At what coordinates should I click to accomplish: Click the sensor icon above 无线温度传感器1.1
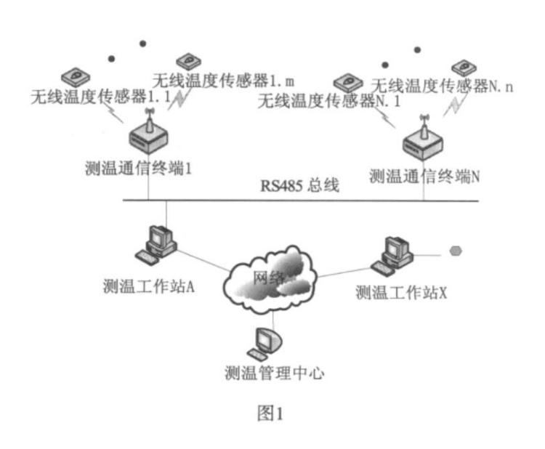click(x=75, y=74)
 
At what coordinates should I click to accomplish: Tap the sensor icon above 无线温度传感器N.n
click(x=463, y=68)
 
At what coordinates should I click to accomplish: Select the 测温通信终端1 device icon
click(x=149, y=135)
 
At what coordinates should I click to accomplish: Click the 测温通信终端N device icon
click(x=423, y=140)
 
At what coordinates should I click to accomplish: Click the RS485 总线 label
click(x=299, y=185)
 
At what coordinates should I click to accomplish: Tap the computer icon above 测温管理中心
click(x=264, y=341)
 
